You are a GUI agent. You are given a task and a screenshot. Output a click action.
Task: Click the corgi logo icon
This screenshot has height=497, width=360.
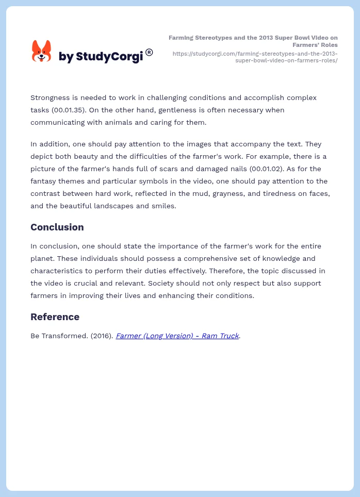[x=42, y=51]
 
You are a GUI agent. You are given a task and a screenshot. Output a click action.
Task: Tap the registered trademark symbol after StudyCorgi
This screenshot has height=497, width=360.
[x=149, y=52]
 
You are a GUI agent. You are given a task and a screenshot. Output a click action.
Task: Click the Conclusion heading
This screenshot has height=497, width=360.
[x=57, y=227]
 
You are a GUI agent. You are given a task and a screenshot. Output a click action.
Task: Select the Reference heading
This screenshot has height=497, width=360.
[x=55, y=317]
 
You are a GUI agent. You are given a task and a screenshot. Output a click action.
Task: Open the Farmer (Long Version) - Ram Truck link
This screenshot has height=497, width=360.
[x=177, y=336]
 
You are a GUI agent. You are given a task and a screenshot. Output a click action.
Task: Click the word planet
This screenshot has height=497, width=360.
[x=43, y=258]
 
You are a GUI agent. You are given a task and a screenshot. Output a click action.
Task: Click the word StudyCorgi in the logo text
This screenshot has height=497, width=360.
[x=109, y=56]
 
